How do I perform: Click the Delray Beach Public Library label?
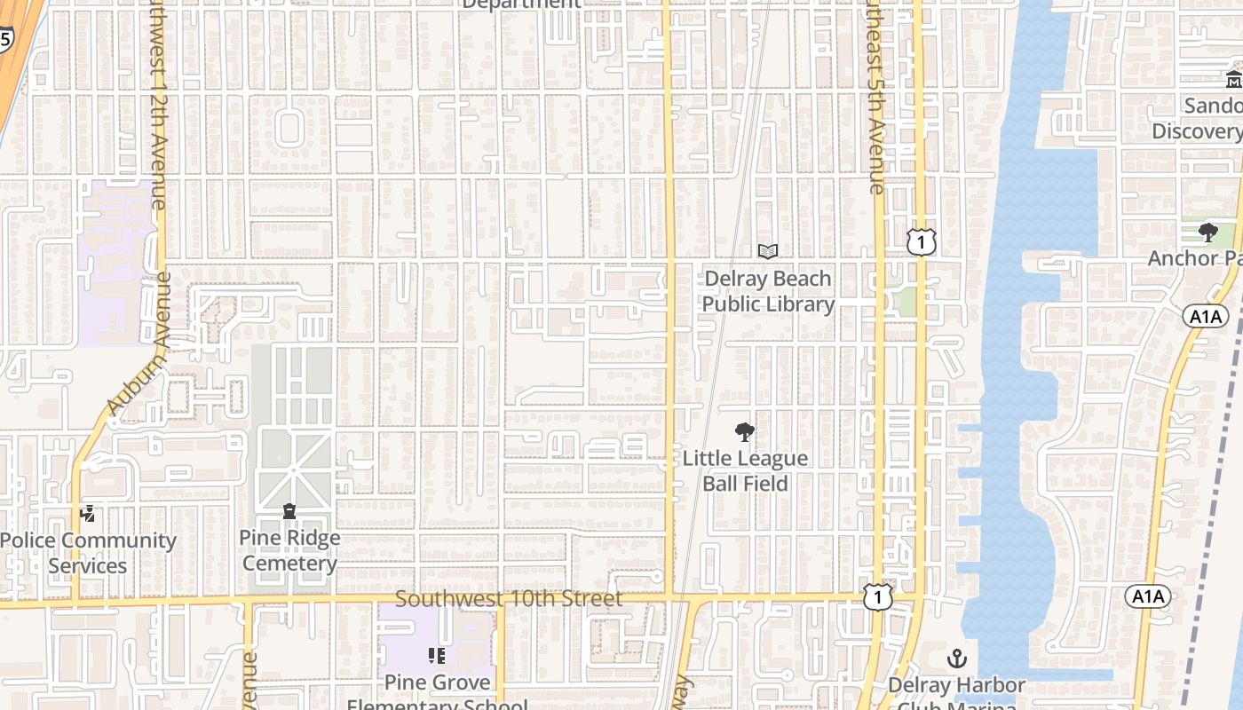pyautogui.click(x=768, y=291)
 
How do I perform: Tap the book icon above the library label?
pyautogui.click(x=768, y=252)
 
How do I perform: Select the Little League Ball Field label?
pyautogui.click(x=745, y=470)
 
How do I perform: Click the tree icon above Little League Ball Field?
pyautogui.click(x=745, y=432)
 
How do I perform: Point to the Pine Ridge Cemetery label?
pyautogui.click(x=289, y=550)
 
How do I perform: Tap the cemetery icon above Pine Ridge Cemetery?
pyautogui.click(x=289, y=511)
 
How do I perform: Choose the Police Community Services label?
pyautogui.click(x=88, y=552)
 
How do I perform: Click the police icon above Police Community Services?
pyautogui.click(x=88, y=513)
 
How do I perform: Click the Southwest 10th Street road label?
pyautogui.click(x=509, y=599)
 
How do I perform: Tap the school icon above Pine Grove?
pyautogui.click(x=437, y=656)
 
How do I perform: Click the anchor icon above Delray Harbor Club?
pyautogui.click(x=957, y=659)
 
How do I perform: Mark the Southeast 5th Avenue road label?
pyautogui.click(x=874, y=98)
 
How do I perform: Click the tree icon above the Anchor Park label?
pyautogui.click(x=1207, y=233)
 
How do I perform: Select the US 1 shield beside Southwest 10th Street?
pyautogui.click(x=878, y=597)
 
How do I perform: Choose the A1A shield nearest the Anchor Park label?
pyautogui.click(x=1204, y=316)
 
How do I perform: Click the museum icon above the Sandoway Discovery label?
pyautogui.click(x=1234, y=80)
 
